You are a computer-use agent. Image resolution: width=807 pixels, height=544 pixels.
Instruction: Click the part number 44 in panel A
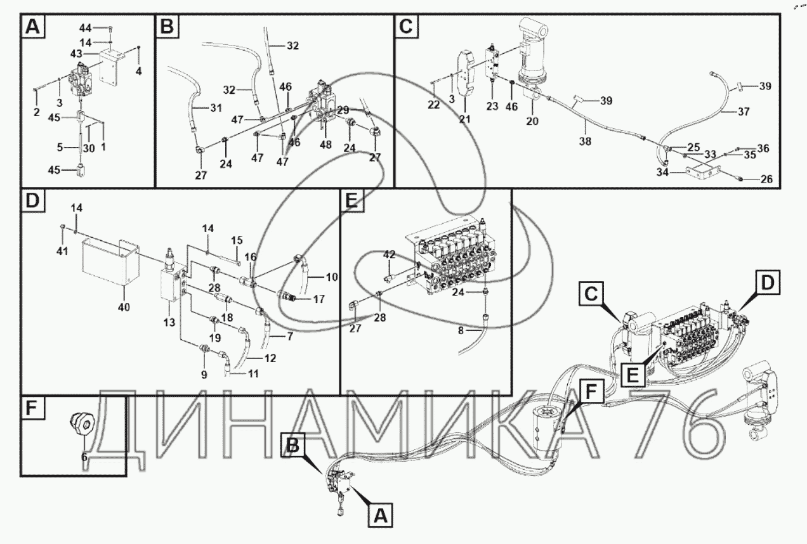click(x=86, y=28)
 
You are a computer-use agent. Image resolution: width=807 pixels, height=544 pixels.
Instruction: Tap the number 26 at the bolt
click(x=766, y=179)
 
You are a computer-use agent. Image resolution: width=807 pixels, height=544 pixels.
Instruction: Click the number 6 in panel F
click(x=84, y=455)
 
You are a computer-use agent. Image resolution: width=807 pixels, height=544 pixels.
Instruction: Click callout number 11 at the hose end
click(x=253, y=373)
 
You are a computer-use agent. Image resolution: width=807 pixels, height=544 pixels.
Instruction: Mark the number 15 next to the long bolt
click(x=237, y=241)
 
